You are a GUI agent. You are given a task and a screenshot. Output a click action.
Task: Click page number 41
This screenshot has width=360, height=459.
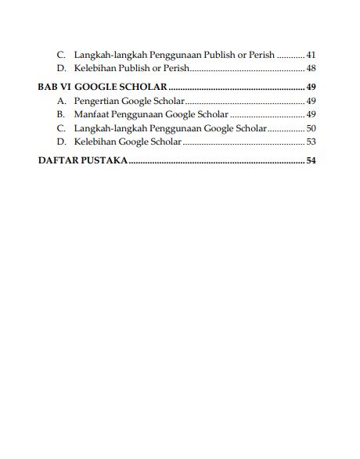311,56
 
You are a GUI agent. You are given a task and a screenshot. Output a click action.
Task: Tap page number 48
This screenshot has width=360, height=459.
311,70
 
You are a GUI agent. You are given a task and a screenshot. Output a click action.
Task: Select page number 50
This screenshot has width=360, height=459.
311,128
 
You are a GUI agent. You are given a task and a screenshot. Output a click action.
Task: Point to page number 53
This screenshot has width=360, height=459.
311,142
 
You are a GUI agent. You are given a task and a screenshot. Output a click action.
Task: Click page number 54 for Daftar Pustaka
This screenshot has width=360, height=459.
311,162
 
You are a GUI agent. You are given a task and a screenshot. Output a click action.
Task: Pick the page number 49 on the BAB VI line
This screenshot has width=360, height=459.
311,88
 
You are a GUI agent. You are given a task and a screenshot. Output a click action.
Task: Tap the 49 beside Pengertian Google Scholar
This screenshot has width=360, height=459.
311,102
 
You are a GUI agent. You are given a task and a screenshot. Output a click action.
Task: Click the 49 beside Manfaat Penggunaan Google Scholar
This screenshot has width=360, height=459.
311,115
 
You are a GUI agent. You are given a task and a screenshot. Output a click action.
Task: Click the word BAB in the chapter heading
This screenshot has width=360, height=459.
47,88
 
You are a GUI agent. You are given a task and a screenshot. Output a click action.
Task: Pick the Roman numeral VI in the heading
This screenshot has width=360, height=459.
68,88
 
